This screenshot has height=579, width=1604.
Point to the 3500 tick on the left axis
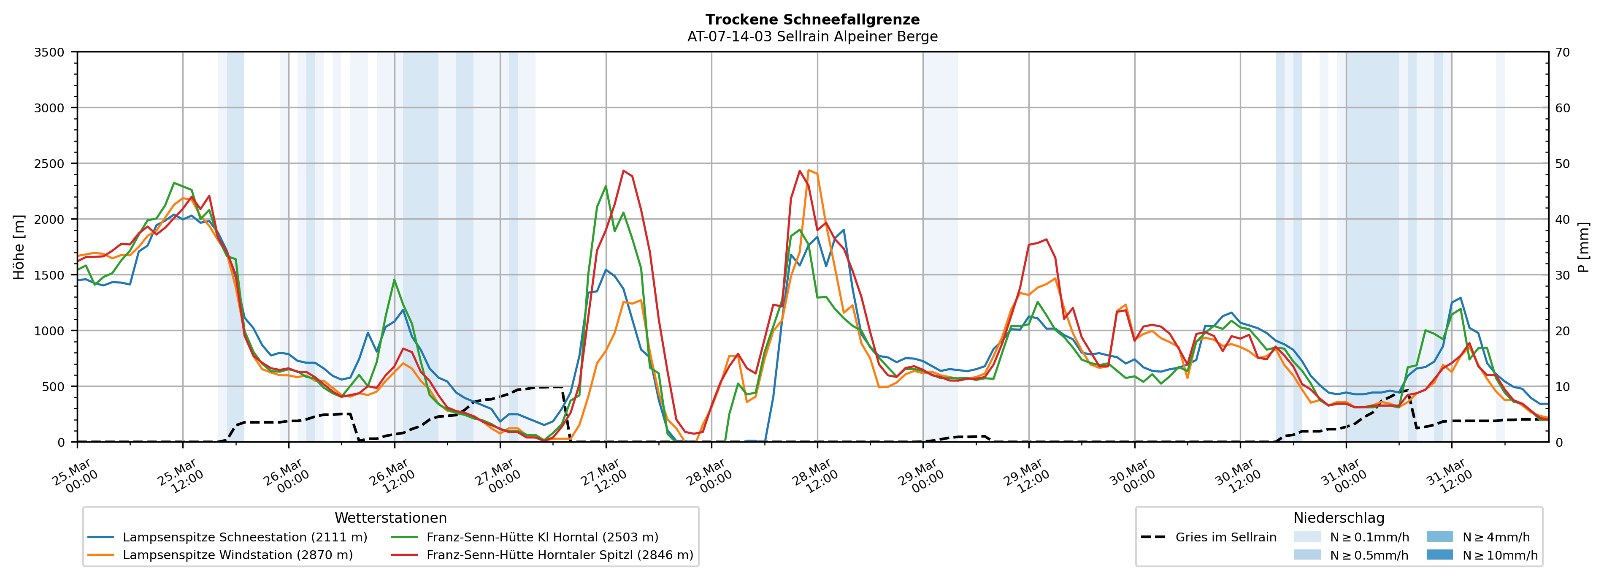(x=49, y=52)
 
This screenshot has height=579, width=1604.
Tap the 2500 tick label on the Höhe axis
(x=49, y=164)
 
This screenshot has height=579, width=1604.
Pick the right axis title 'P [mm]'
(x=1583, y=247)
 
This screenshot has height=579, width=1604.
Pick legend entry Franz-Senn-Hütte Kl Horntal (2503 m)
(x=542, y=537)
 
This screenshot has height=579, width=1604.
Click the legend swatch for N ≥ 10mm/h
(x=1439, y=555)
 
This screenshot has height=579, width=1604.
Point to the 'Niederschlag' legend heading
(x=1339, y=518)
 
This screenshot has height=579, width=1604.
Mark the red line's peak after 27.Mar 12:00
(x=624, y=170)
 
